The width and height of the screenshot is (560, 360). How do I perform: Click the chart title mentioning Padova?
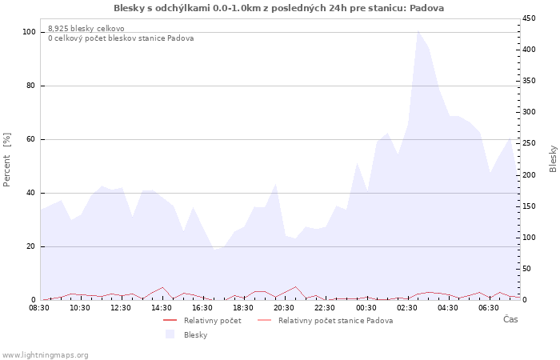click(279, 8)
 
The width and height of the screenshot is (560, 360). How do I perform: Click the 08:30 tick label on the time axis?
click(39, 307)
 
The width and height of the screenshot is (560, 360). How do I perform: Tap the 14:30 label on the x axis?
click(162, 307)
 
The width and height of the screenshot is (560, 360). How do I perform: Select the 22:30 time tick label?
click(324, 307)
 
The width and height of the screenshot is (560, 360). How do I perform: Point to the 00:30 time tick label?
click(365, 307)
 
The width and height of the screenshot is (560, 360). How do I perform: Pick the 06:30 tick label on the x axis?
click(487, 307)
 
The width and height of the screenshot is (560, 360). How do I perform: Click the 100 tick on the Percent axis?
click(30, 32)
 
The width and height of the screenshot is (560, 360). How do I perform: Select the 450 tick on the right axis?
click(530, 18)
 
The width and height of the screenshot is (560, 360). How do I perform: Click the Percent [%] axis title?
click(7, 160)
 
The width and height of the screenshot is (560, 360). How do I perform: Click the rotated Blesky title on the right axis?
click(553, 158)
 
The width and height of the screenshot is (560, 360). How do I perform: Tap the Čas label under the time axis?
click(510, 320)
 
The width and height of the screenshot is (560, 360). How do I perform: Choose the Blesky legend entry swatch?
click(170, 334)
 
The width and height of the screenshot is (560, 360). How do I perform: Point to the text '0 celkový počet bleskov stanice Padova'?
click(120, 38)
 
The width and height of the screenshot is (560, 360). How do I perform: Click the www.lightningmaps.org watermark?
click(46, 354)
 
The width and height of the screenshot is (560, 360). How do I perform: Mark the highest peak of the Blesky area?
click(418, 30)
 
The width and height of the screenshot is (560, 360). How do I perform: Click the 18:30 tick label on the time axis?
click(243, 307)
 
